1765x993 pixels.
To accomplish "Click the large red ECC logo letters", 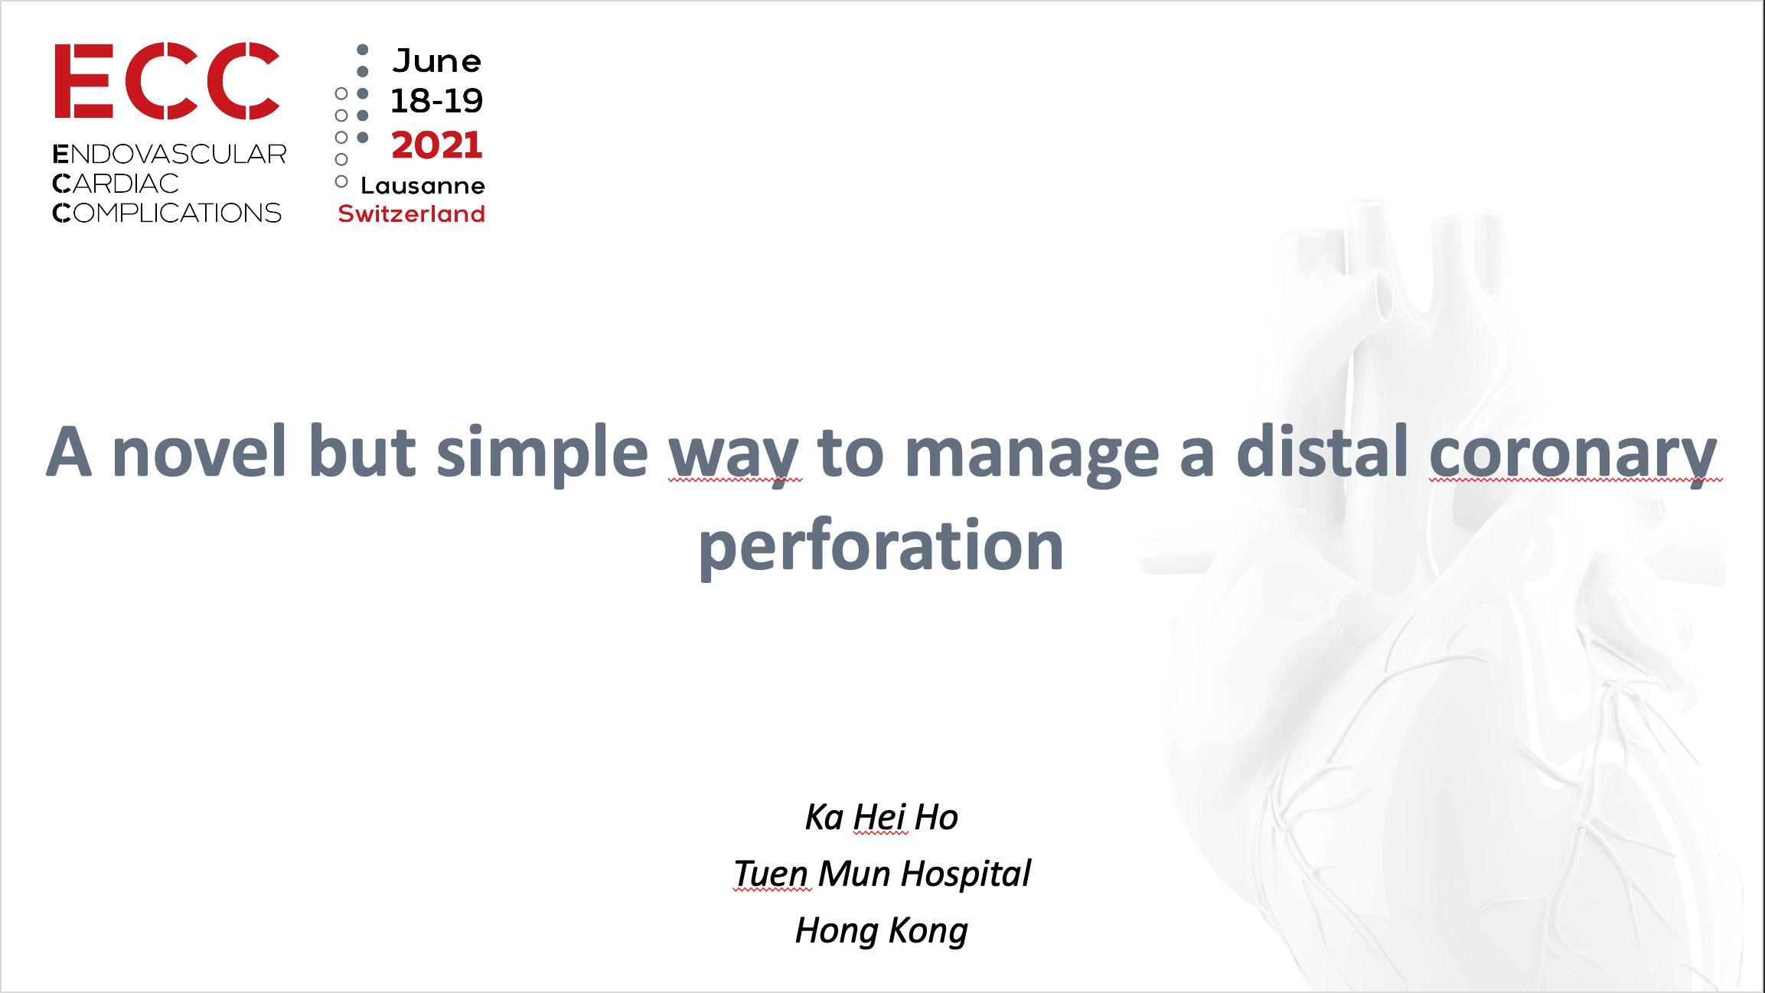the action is (167, 81).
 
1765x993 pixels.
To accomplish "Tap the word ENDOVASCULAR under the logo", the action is (169, 154).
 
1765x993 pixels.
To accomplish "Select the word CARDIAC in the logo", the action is (116, 184).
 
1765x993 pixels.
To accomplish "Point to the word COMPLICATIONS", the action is (167, 213).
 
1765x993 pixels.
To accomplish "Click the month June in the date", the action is (437, 61).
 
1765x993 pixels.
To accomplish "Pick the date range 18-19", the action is (436, 100).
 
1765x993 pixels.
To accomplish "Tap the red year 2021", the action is (437, 145).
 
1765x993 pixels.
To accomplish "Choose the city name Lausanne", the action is (422, 186).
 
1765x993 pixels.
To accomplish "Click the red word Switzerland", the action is (412, 213).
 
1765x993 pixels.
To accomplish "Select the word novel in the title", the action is (200, 451).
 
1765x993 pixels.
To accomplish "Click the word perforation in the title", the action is (881, 546).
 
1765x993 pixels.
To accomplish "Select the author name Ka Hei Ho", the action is (881, 817).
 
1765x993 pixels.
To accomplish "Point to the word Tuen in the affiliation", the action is (771, 874).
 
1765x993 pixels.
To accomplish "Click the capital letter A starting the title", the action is (69, 451).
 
